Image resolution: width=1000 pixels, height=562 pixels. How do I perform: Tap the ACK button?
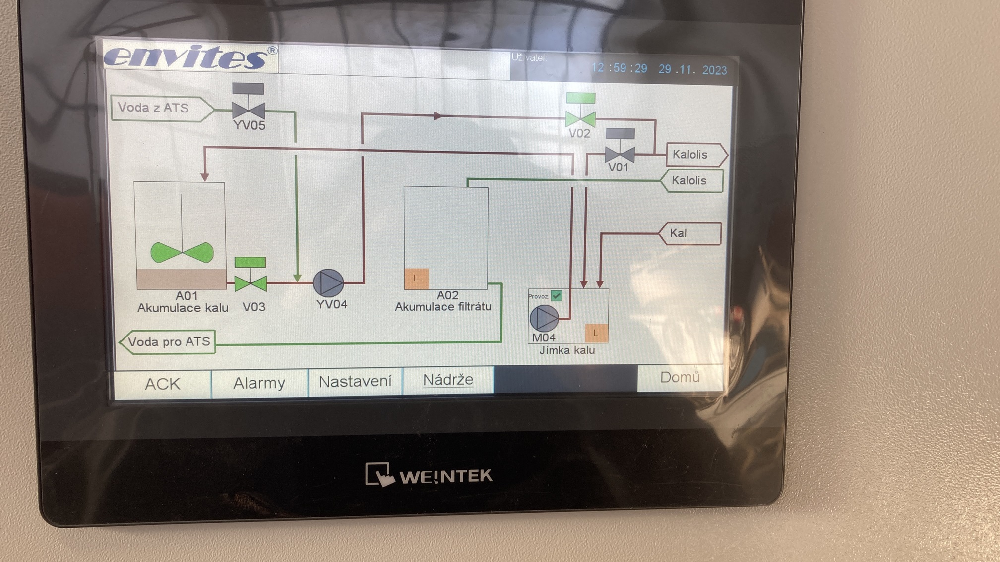point(163,384)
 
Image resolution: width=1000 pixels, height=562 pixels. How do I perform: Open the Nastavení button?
point(355,382)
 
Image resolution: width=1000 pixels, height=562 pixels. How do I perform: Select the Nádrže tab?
point(448,380)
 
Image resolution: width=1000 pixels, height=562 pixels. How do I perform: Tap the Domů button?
point(680,378)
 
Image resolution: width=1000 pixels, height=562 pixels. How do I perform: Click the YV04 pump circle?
point(328,283)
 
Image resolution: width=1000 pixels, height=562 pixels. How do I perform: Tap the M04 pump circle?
point(544,318)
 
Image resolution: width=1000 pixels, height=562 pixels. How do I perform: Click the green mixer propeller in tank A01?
point(182,252)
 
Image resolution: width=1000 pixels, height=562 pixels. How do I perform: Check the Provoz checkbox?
point(557,296)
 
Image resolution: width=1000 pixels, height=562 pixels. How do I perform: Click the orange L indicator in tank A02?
point(416,279)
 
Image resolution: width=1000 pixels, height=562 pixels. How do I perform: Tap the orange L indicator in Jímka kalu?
point(596,333)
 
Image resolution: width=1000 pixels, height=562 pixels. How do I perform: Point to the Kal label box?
point(690,233)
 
